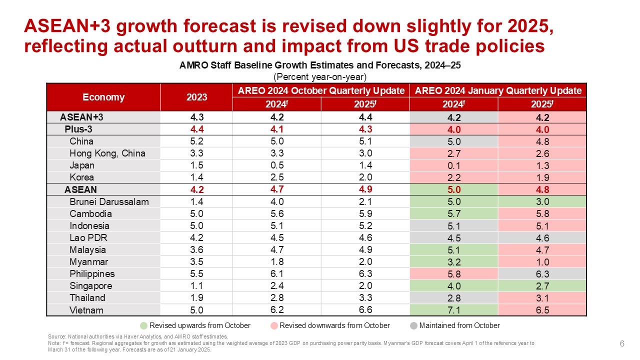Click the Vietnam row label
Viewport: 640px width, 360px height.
click(x=86, y=310)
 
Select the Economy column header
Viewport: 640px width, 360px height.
click(x=103, y=97)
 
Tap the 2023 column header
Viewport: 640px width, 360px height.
click(x=196, y=97)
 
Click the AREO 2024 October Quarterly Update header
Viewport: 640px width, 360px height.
click(x=320, y=90)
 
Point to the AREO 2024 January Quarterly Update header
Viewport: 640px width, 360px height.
click(x=498, y=90)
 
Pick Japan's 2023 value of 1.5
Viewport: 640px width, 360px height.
click(x=196, y=165)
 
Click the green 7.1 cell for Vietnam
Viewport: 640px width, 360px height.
click(x=453, y=310)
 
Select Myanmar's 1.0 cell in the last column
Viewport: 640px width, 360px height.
click(x=542, y=261)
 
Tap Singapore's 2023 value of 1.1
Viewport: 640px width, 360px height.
click(x=196, y=285)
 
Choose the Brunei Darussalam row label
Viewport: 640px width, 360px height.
click(x=109, y=201)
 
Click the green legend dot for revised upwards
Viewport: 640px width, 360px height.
click(x=143, y=325)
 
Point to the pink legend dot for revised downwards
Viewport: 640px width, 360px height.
click(x=273, y=325)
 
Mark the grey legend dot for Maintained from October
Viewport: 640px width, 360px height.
click(x=413, y=325)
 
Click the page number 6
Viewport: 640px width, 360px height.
click(x=622, y=343)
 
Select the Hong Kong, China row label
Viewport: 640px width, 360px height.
click(x=107, y=153)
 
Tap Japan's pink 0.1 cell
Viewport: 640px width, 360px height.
click(x=453, y=165)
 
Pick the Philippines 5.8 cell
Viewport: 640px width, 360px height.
click(x=453, y=273)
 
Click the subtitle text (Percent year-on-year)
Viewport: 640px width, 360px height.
click(x=320, y=77)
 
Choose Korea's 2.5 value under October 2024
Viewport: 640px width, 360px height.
click(x=276, y=177)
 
